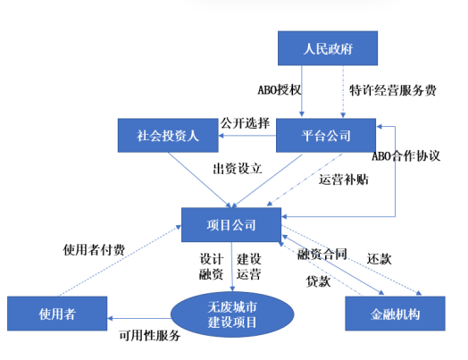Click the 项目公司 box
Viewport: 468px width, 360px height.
[231, 223]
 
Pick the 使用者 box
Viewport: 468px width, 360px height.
[57, 314]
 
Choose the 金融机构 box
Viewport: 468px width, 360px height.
[394, 314]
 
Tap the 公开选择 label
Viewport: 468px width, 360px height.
[244, 122]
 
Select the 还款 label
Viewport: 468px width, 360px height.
[380, 259]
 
